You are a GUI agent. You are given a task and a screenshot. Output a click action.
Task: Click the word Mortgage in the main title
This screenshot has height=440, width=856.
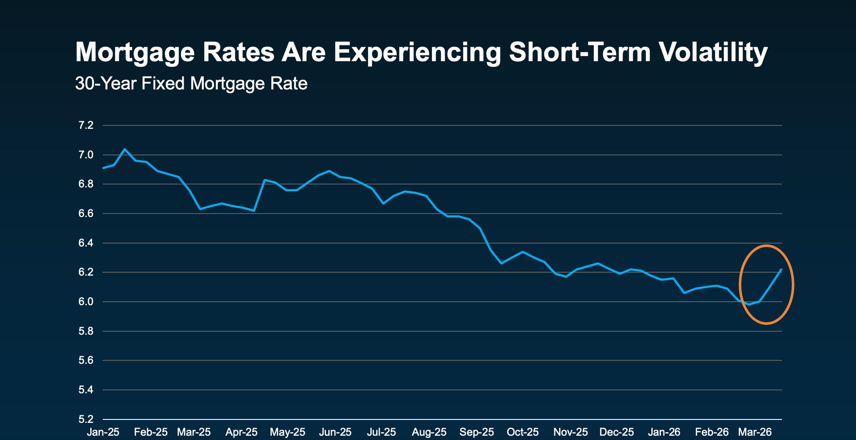(x=131, y=52)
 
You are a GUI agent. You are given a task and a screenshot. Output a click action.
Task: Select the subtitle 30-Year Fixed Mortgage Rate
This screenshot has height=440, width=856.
(x=191, y=83)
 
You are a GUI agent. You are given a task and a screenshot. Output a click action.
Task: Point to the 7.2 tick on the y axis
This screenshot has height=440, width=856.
(x=86, y=125)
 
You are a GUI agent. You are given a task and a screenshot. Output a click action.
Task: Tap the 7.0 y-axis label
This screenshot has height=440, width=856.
(x=86, y=155)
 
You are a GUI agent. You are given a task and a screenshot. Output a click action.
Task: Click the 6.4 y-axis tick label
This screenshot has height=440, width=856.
(x=86, y=243)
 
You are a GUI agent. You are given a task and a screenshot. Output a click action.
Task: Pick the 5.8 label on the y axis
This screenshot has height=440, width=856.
(x=86, y=331)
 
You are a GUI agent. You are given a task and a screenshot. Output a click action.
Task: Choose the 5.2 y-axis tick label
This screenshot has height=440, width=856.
(x=86, y=419)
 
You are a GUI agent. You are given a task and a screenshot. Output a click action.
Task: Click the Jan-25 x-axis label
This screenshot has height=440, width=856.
(x=103, y=432)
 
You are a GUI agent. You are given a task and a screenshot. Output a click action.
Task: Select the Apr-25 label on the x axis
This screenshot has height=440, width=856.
(x=241, y=432)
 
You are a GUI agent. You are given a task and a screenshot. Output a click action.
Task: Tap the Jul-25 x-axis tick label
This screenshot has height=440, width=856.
(x=381, y=432)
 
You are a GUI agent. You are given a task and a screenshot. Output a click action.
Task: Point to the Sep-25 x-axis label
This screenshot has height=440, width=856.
(x=476, y=432)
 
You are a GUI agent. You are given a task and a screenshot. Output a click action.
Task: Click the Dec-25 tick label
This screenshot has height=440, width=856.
(x=616, y=432)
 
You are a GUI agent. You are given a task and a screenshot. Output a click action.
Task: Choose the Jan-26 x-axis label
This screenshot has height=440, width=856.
(x=664, y=432)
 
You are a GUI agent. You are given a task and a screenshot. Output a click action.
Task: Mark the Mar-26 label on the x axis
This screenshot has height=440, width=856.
(x=755, y=432)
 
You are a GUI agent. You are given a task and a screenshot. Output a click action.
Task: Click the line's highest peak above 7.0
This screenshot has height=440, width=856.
(x=125, y=149)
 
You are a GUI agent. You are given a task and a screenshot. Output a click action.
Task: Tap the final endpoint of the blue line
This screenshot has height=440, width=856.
(x=781, y=269)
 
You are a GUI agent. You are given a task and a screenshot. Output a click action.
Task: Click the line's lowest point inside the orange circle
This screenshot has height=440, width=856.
(x=749, y=304)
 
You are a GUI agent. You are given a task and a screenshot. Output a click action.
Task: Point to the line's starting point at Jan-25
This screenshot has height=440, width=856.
(x=104, y=168)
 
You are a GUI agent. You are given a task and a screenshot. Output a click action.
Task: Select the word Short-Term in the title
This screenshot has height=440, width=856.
(x=580, y=52)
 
